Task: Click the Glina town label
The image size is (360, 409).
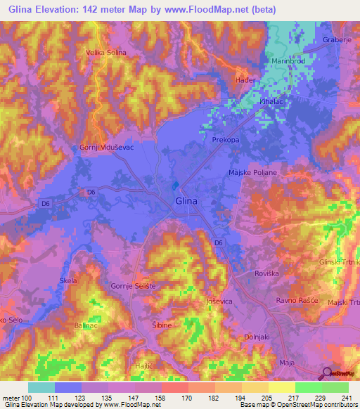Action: tap(186, 202)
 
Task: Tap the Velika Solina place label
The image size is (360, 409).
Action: tap(106, 52)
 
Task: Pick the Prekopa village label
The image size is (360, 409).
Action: tap(227, 141)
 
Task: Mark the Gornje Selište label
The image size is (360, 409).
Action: tap(133, 286)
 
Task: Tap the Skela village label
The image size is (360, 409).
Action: tap(68, 280)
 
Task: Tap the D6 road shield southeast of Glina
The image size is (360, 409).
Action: tap(219, 242)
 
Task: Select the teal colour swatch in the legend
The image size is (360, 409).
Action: tap(41, 387)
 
